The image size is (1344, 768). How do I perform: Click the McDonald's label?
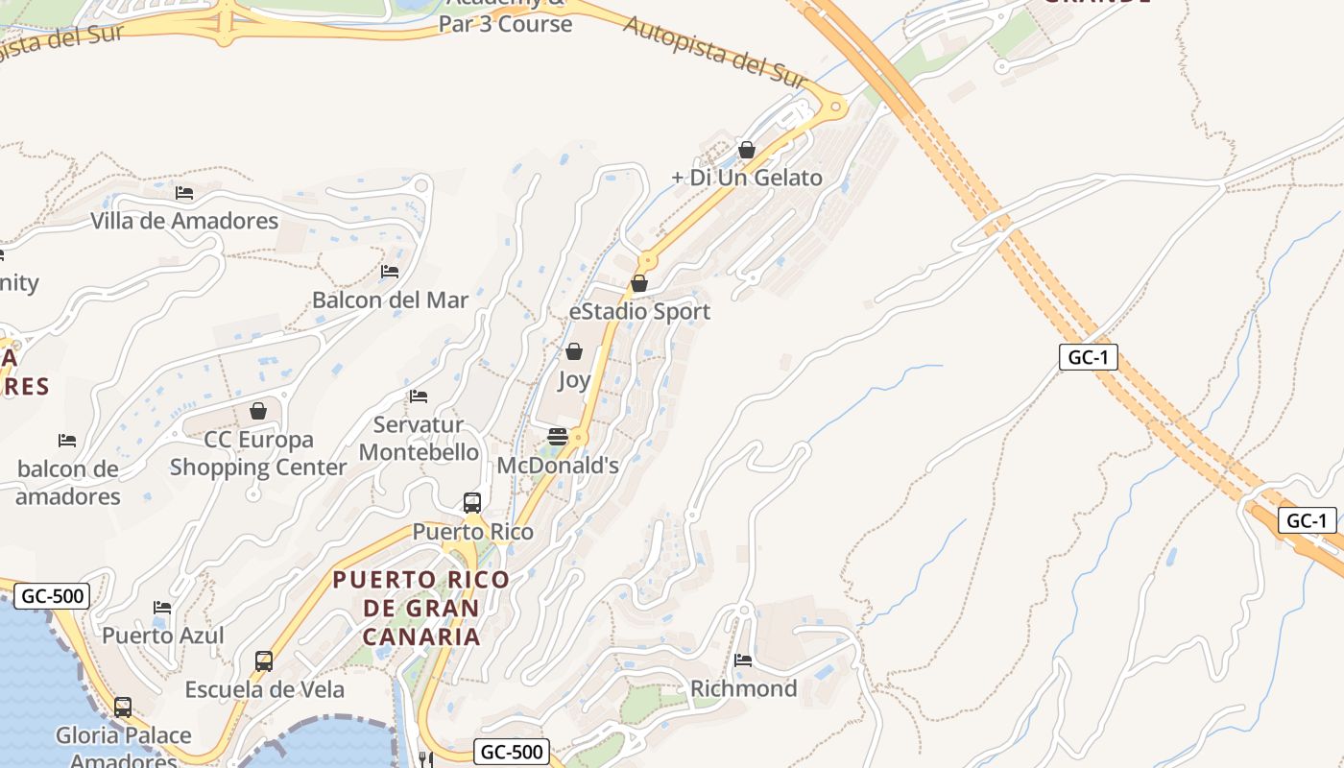click(558, 466)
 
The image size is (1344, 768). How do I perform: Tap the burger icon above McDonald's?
click(558, 438)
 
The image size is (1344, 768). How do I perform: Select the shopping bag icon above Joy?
click(574, 352)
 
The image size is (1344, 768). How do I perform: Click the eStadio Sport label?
click(639, 311)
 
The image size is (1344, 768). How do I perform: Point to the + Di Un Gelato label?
click(747, 178)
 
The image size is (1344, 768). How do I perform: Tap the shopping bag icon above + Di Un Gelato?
click(747, 151)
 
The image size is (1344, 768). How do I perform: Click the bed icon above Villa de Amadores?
click(184, 193)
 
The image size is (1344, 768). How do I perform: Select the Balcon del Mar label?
click(390, 300)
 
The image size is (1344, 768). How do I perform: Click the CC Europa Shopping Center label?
click(258, 453)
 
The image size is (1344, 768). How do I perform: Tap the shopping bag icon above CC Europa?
click(258, 412)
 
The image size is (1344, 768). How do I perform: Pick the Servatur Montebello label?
click(419, 438)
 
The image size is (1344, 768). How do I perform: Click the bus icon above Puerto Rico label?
click(472, 503)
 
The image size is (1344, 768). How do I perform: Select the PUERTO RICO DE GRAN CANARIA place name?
click(420, 608)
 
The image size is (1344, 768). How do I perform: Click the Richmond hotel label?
click(743, 688)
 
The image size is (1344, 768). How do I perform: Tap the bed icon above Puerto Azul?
click(162, 608)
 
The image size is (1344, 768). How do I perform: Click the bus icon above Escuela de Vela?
click(264, 661)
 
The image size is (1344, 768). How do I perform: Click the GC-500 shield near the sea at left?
click(53, 596)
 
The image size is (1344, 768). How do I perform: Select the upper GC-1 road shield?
click(1089, 357)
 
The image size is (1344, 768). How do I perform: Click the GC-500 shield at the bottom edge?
click(512, 752)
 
